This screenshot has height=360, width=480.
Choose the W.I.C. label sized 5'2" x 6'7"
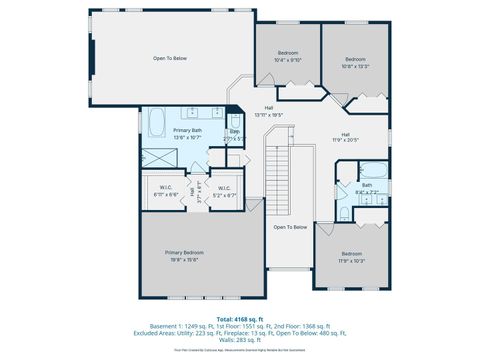click(x=224, y=190)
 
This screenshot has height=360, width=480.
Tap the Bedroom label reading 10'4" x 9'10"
click(x=287, y=56)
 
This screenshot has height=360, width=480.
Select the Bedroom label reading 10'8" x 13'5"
click(x=357, y=63)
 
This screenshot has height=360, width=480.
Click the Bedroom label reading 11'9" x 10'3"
click(x=351, y=257)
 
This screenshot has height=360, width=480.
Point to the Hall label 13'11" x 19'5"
click(x=269, y=111)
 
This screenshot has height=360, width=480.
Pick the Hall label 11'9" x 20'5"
click(x=345, y=137)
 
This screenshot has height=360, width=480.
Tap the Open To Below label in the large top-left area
click(x=169, y=58)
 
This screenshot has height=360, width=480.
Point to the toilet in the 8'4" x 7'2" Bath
click(x=343, y=212)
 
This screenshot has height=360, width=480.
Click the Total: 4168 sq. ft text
click(x=240, y=318)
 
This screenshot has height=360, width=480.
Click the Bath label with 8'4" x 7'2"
click(x=367, y=187)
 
